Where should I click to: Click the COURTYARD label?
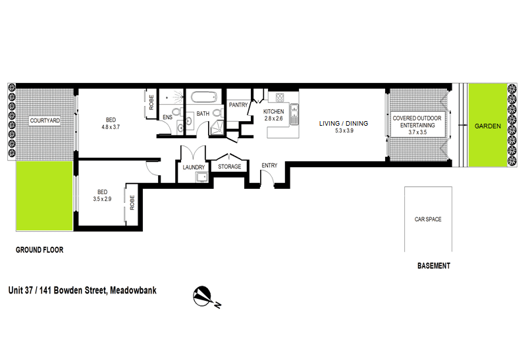pyautogui.click(x=45, y=120)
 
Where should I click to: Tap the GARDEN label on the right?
pyautogui.click(x=487, y=126)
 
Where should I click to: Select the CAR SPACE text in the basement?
pyautogui.click(x=428, y=219)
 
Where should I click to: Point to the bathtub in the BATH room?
pyautogui.click(x=204, y=97)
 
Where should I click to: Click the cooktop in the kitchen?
pyautogui.click(x=280, y=97)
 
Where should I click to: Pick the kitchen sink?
pyautogui.click(x=294, y=114)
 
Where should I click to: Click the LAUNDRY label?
pyautogui.click(x=194, y=167)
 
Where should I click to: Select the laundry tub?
pyautogui.click(x=202, y=177)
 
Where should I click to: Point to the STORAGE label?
pyautogui.click(x=230, y=167)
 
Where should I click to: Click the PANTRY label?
pyautogui.click(x=238, y=105)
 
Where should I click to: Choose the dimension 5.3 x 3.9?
pyautogui.click(x=344, y=131)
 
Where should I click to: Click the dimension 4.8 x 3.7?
pyautogui.click(x=111, y=127)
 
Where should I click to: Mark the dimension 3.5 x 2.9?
pyautogui.click(x=102, y=199)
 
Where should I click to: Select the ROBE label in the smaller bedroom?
pyautogui.click(x=132, y=203)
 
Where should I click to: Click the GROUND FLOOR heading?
pyautogui.click(x=39, y=250)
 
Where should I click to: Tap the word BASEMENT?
pyautogui.click(x=434, y=266)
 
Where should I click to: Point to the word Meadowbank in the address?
pyautogui.click(x=133, y=290)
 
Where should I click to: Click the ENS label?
pyautogui.click(x=167, y=117)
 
